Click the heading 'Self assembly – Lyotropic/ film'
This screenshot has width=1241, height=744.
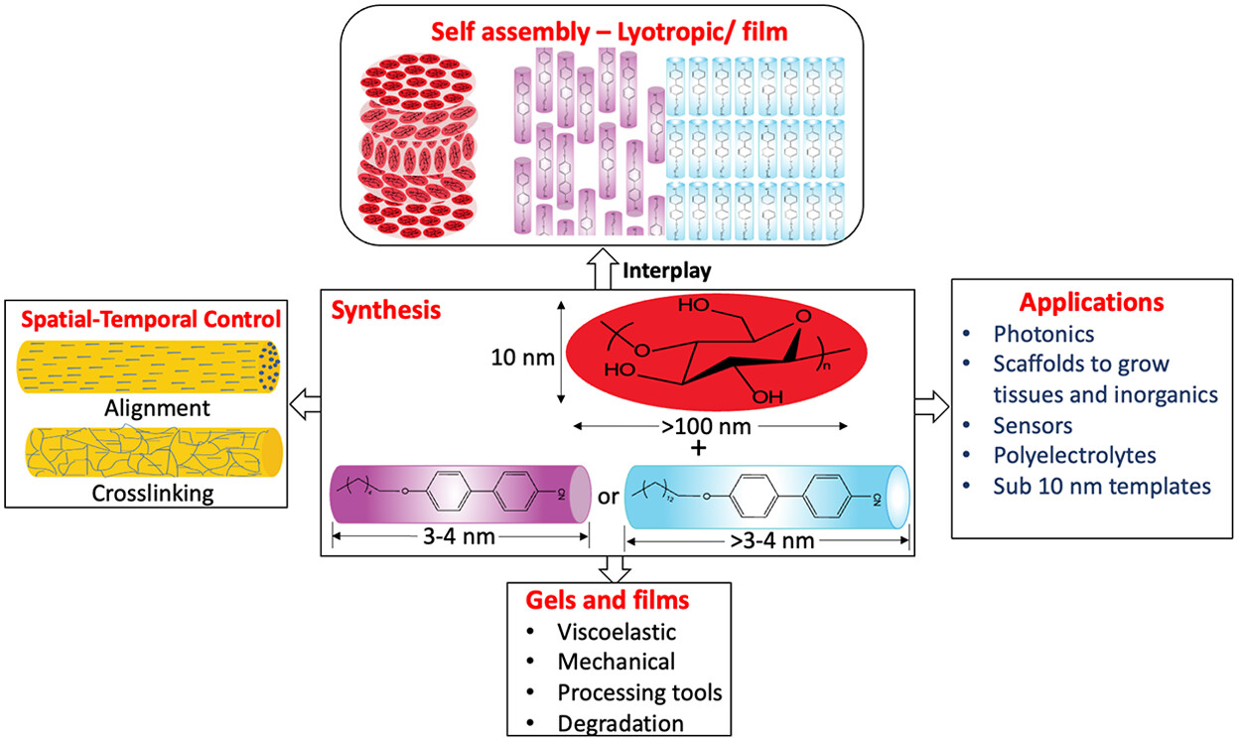click(609, 32)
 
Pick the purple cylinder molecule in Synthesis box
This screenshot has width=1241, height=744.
click(462, 494)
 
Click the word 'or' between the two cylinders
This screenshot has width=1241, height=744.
click(608, 494)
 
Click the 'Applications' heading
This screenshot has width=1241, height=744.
click(1094, 301)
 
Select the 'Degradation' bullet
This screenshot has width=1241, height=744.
click(620, 722)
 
